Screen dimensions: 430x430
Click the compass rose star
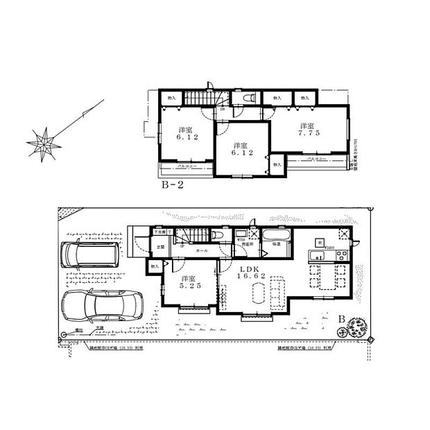[42, 143]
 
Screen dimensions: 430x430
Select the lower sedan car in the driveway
[101, 305]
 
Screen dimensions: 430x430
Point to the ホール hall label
[202, 250]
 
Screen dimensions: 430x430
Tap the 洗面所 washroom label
[246, 245]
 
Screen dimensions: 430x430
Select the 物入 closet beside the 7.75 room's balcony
[276, 165]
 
